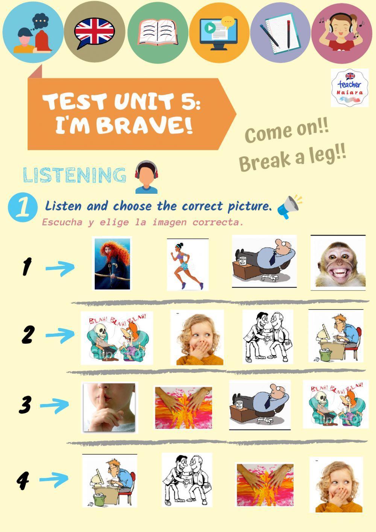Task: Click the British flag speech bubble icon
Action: tap(94, 32)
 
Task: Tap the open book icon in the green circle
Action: tap(158, 32)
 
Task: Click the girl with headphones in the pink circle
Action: tap(341, 32)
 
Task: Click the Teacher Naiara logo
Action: tap(350, 88)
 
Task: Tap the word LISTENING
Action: tap(74, 175)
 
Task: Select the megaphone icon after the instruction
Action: tap(289, 206)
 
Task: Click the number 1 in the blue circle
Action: tap(23, 207)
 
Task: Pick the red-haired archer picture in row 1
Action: tap(112, 264)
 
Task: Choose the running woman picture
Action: tap(188, 264)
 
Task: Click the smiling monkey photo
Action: tap(338, 263)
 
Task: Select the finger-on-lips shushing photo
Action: tap(109, 407)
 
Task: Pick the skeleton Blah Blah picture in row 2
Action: tap(117, 338)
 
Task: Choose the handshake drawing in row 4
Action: tap(187, 479)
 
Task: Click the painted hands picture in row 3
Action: tap(183, 408)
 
